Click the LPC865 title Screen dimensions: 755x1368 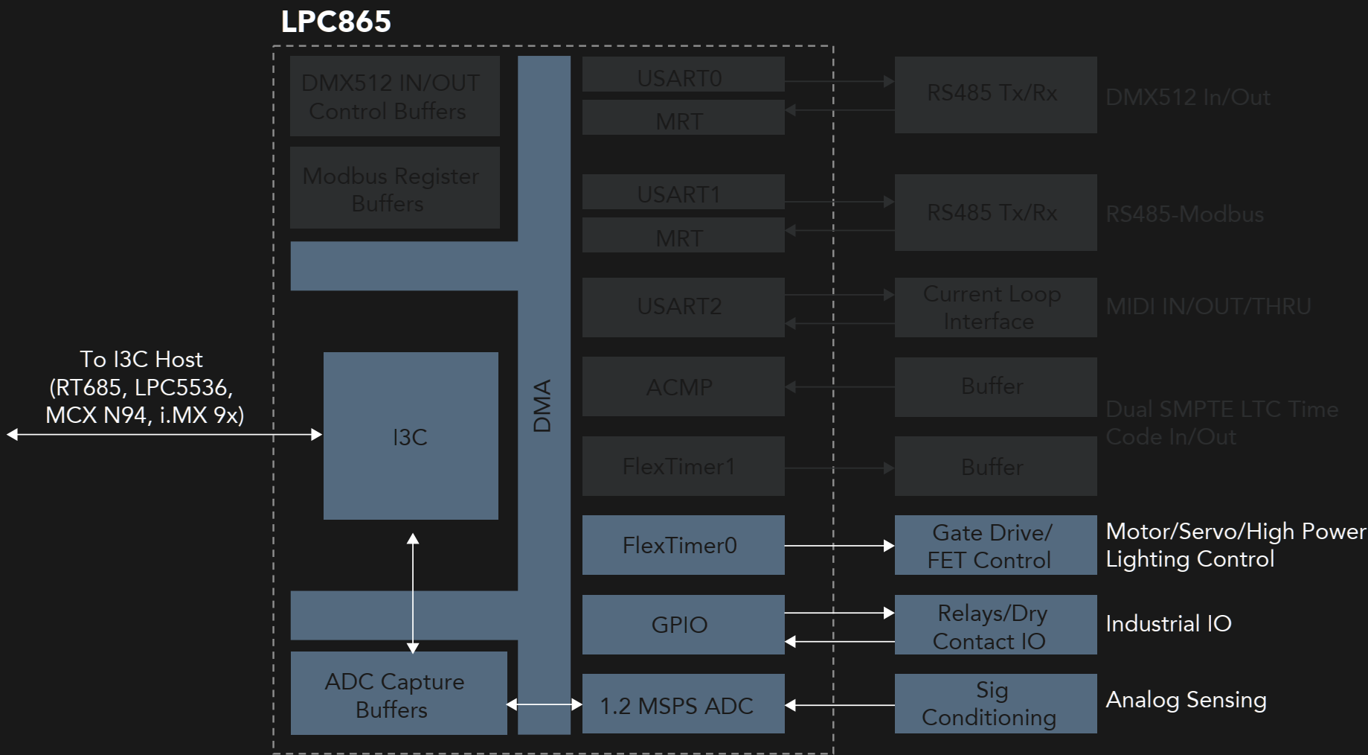[x=335, y=22]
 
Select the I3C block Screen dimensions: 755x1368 [x=411, y=436]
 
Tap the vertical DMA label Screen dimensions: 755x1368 [x=543, y=406]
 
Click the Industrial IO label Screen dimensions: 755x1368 [x=1169, y=624]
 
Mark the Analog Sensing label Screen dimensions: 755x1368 [x=1186, y=700]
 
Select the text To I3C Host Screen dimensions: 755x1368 [x=141, y=360]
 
